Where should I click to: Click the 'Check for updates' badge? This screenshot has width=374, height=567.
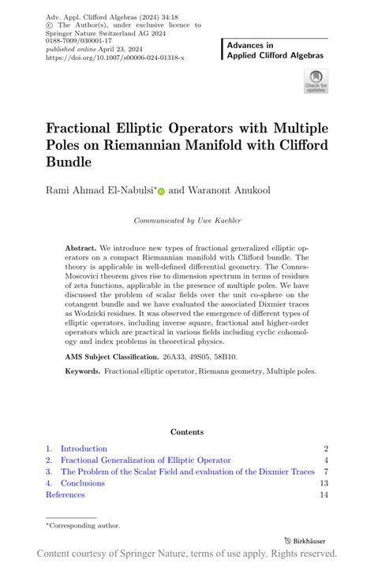click(315, 82)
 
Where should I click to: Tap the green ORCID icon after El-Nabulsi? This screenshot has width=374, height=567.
click(162, 191)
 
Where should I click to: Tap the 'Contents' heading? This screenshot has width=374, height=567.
click(186, 431)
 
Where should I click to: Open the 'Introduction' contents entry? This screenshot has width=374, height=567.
click(84, 448)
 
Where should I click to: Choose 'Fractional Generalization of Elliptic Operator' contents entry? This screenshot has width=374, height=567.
click(146, 460)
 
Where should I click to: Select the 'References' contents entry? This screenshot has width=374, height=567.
click(65, 494)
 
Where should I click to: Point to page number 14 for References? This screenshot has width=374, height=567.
click(324, 494)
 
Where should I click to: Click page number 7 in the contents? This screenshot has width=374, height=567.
click(325, 472)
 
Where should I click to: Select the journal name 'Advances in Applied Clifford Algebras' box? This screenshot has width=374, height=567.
click(273, 52)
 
